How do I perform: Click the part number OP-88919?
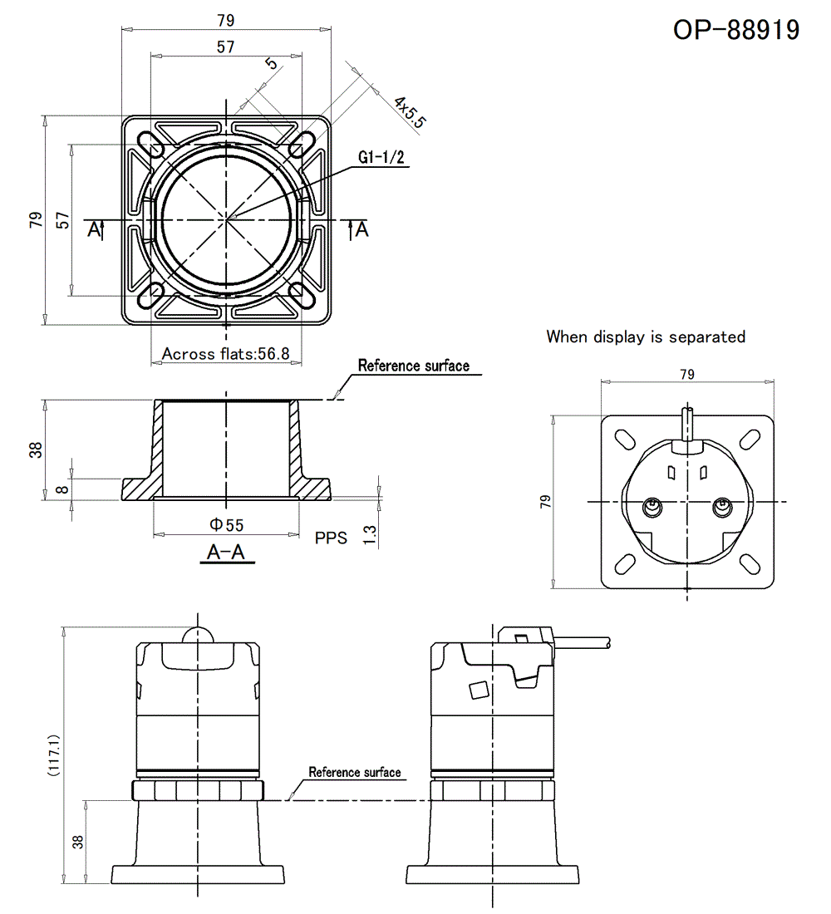coord(736,30)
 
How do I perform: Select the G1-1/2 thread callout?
coord(381,158)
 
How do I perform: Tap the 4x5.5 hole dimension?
coord(410,112)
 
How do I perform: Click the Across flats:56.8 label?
coord(225,354)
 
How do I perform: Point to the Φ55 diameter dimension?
coord(226,524)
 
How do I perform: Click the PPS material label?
coord(331,538)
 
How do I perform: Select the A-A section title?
coord(226,552)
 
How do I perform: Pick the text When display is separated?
coord(646,337)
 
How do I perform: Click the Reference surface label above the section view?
coord(413,366)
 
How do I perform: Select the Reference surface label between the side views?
coord(355,772)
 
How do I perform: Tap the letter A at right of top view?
coord(362,230)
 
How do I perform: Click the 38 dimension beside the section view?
coord(35,450)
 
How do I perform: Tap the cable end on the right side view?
coord(608,644)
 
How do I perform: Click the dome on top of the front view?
coord(198,635)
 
